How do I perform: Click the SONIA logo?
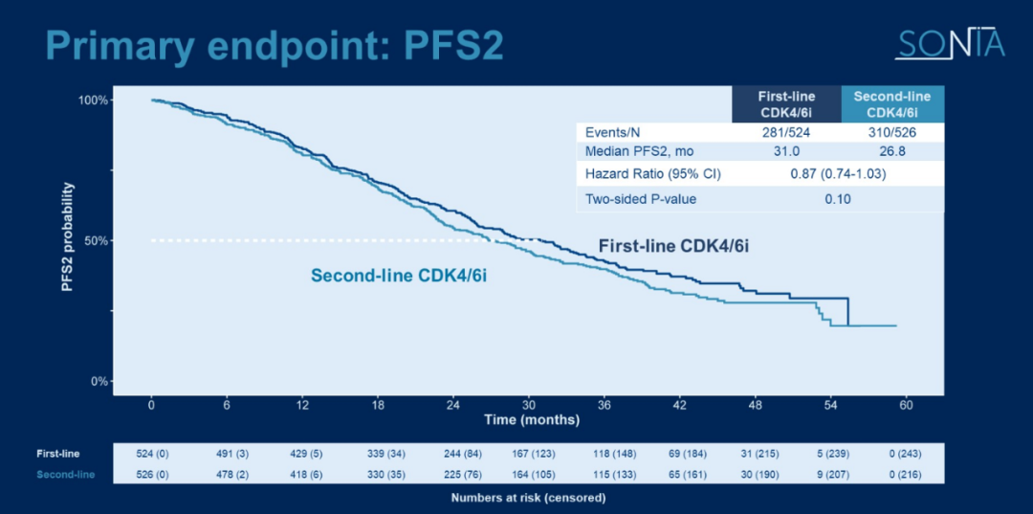(949, 44)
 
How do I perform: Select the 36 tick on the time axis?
(604, 405)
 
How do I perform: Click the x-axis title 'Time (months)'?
(531, 419)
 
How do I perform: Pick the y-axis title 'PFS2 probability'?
(69, 240)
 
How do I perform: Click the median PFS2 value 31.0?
(786, 151)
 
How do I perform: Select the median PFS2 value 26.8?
(892, 151)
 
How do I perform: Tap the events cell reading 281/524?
(786, 132)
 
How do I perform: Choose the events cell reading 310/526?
(892, 132)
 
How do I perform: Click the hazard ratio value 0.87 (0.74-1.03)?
(838, 174)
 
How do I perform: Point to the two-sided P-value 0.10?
(838, 199)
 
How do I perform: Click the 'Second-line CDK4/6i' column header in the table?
(892, 104)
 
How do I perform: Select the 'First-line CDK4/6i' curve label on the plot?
(673, 246)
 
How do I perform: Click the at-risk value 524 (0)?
(152, 454)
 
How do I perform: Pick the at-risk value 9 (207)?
(831, 474)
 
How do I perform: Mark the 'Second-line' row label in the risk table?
(65, 474)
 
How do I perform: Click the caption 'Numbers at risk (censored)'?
(528, 498)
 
